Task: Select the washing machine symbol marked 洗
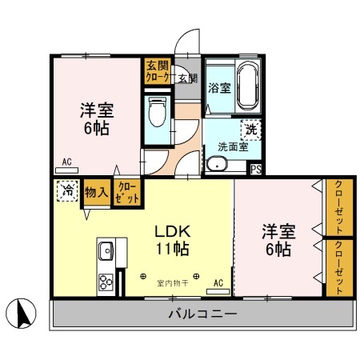[250, 128]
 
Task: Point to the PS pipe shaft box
[256, 169]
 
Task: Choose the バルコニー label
[202, 314]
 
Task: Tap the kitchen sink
[106, 253]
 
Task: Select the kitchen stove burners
[106, 282]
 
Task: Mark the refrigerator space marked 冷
[67, 191]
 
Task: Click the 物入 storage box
[96, 193]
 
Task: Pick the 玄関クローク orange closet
[157, 72]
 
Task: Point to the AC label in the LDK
[218, 282]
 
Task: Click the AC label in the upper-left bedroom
[67, 162]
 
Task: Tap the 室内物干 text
[172, 283]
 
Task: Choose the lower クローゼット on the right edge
[338, 269]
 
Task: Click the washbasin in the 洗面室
[216, 165]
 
